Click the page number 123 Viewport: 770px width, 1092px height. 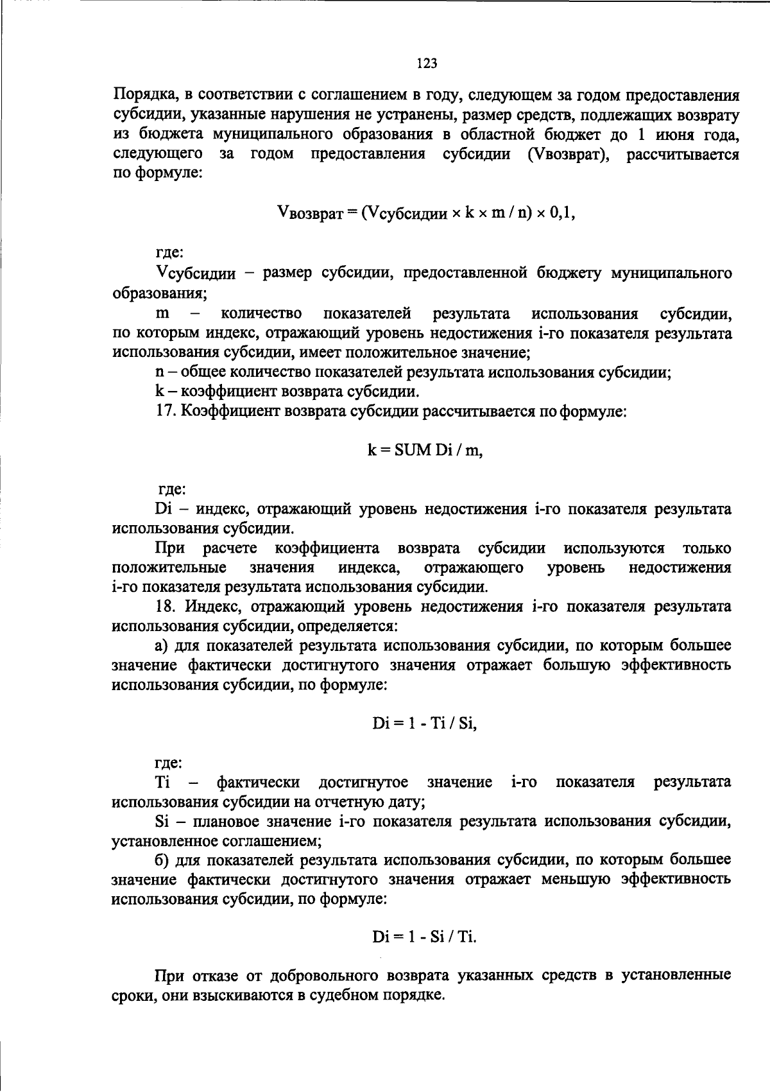[427, 63]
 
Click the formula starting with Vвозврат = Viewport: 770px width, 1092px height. [425, 212]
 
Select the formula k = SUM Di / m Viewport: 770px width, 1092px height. [425, 450]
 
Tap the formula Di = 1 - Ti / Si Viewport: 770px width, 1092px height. [425, 724]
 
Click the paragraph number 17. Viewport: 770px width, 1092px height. [166, 411]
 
